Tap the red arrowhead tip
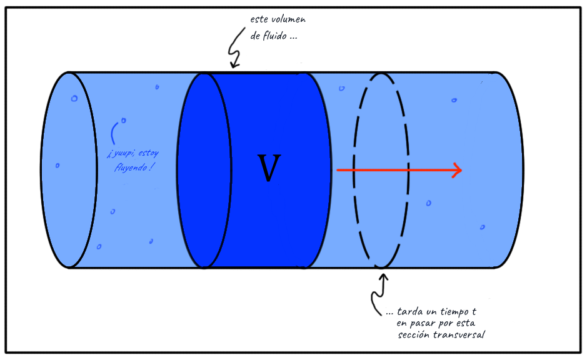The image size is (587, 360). pyautogui.click(x=461, y=170)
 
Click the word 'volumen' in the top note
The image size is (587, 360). pyautogui.click(x=286, y=20)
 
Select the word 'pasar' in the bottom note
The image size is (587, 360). pyautogui.click(x=424, y=323)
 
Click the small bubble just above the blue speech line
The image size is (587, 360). pyautogui.click(x=123, y=120)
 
